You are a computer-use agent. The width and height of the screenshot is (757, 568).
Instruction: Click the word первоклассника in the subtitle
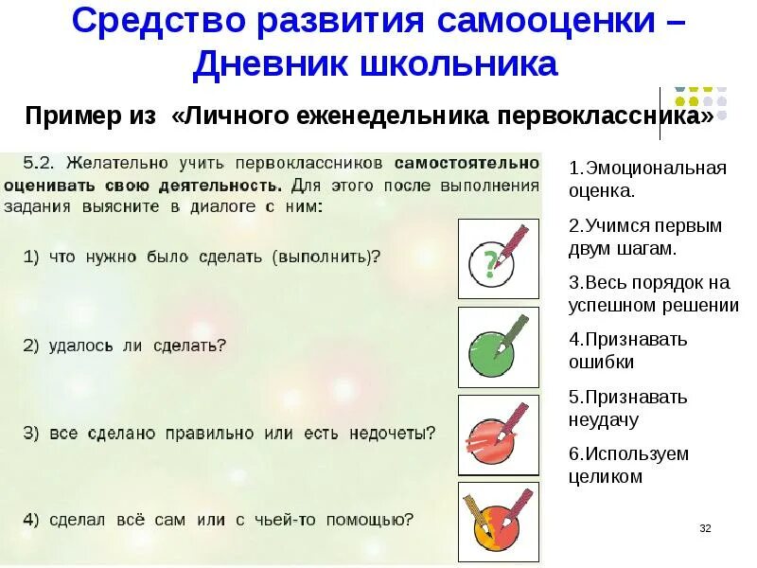click(x=607, y=116)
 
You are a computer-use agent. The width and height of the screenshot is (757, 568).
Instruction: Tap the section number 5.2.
click(x=40, y=163)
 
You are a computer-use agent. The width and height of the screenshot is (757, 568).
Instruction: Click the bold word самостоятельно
click(x=467, y=163)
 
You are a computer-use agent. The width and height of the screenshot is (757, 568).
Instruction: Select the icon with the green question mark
click(x=498, y=258)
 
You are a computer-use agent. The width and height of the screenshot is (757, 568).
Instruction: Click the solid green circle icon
click(x=498, y=346)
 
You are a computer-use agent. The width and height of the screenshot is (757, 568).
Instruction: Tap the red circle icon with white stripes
click(x=498, y=435)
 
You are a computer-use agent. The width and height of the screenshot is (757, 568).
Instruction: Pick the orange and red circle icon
click(x=498, y=522)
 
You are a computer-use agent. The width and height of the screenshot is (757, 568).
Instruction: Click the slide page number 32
click(x=704, y=528)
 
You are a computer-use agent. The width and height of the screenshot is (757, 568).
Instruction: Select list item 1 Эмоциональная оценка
click(x=647, y=179)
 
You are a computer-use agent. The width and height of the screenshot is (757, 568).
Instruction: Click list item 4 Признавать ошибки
click(x=628, y=350)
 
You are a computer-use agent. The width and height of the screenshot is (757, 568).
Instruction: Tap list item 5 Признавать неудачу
click(x=628, y=408)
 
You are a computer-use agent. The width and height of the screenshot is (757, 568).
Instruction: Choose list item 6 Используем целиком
click(x=628, y=465)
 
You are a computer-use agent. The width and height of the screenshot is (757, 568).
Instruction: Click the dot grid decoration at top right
click(x=700, y=102)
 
